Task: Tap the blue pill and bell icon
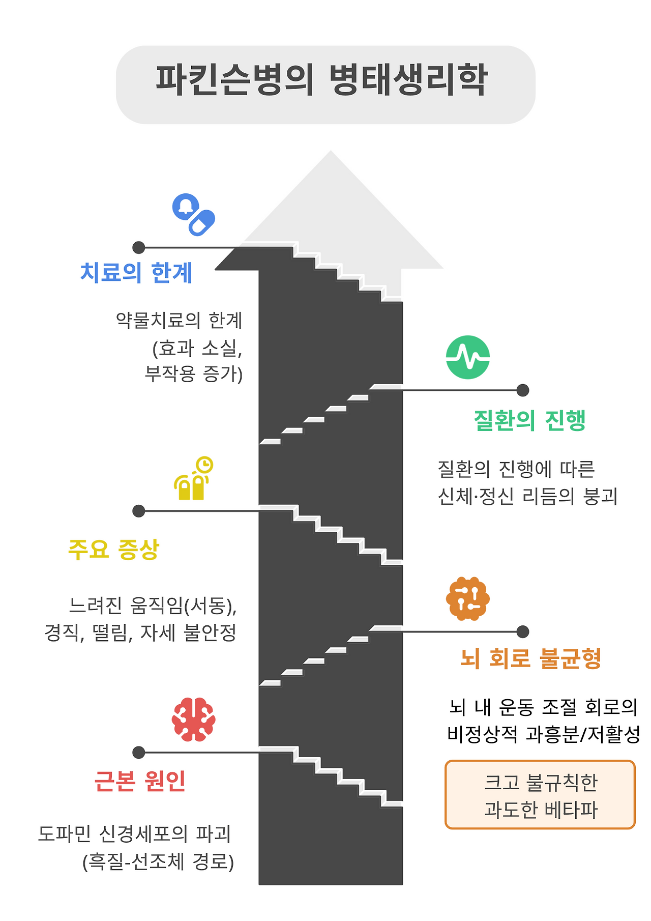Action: coord(194,214)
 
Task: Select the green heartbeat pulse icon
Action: coord(467,357)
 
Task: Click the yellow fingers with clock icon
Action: coord(193,478)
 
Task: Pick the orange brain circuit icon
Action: coord(467,598)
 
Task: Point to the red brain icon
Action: coord(194,719)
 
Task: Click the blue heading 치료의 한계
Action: coord(136,273)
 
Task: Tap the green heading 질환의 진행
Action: coord(529,421)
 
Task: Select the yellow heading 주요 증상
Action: coord(114,550)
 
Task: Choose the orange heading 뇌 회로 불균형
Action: coord(530,658)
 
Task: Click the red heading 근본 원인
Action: coord(140,781)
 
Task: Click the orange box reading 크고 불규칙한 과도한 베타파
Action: coord(540,795)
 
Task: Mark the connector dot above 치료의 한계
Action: coord(139,248)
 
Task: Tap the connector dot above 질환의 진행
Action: coord(523,390)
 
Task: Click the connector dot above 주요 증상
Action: coord(139,511)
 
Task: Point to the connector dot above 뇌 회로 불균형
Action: coord(523,631)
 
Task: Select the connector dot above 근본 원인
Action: coord(139,753)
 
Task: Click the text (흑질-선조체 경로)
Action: coord(158,862)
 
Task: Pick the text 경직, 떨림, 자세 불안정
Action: coord(140,633)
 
